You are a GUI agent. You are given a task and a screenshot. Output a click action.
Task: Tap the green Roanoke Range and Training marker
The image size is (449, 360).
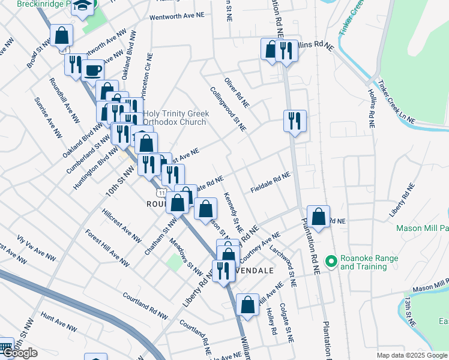tap(330, 261)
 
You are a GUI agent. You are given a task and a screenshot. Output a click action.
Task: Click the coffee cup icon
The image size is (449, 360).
tap(92, 71)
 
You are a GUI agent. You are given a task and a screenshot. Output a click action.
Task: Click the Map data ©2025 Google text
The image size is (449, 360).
tap(411, 355)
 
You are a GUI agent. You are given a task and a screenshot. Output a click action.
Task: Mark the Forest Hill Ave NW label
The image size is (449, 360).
tap(107, 248)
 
